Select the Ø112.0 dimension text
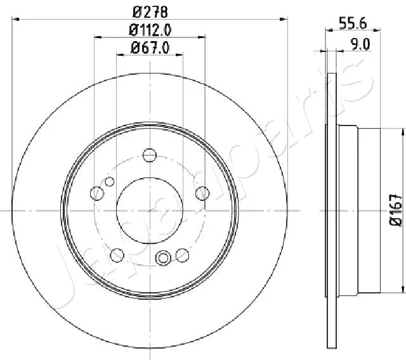tap(150, 29)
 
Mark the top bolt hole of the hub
tap(150, 155)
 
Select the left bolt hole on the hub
tap(98, 193)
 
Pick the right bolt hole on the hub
tap(202, 193)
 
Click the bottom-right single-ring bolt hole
tap(183, 254)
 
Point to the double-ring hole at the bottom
tap(163, 257)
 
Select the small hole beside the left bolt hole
tap(109, 183)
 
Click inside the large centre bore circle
tap(150, 209)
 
